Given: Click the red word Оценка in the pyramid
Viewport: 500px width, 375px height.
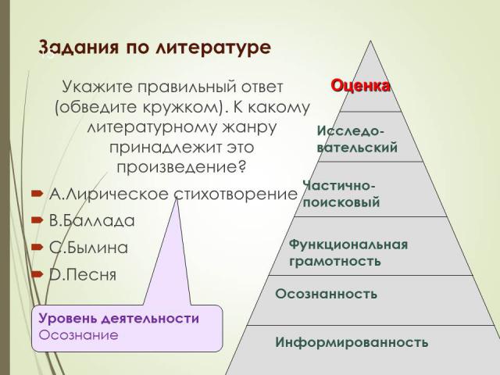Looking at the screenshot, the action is [x=360, y=86].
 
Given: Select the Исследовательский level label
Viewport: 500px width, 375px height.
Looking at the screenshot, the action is [x=357, y=139].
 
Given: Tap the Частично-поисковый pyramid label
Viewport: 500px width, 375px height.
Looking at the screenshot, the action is [x=341, y=194].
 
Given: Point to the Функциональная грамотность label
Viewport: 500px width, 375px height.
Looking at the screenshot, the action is [x=348, y=253].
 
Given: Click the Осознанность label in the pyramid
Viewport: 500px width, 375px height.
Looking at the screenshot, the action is [x=326, y=294].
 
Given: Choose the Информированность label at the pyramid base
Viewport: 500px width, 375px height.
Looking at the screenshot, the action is [x=352, y=342].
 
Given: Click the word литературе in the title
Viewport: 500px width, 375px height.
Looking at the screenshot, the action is [x=213, y=48].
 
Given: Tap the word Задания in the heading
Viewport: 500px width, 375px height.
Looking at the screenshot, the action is [x=79, y=47].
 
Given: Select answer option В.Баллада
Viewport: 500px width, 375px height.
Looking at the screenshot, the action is [x=92, y=220].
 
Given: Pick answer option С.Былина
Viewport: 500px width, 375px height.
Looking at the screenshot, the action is [x=88, y=248].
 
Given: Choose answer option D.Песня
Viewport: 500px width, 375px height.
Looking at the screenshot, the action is [x=83, y=274].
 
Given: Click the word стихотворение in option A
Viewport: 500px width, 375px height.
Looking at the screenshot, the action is [x=236, y=194].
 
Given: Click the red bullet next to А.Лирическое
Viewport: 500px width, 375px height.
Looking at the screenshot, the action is [x=37, y=193].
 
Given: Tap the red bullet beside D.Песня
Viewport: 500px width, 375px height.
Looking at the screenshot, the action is [x=37, y=273].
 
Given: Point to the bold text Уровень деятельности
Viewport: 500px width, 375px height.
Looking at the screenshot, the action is [x=119, y=318].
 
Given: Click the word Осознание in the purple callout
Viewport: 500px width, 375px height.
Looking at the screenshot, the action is [x=78, y=335].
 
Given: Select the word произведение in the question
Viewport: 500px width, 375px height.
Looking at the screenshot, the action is [x=182, y=166].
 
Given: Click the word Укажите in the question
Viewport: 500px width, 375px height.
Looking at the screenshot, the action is [x=97, y=87].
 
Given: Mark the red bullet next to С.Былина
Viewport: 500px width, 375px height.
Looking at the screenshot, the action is [x=37, y=247].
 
